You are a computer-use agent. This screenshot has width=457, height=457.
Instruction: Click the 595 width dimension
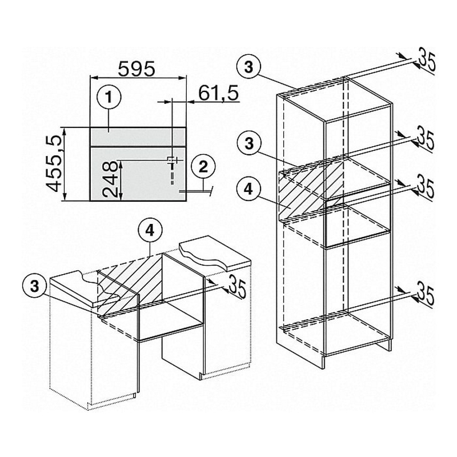click(x=137, y=69)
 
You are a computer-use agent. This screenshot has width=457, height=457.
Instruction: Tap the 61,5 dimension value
click(x=219, y=93)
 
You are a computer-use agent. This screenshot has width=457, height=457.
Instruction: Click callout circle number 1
click(x=109, y=97)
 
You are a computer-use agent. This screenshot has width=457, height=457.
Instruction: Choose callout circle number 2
click(x=203, y=167)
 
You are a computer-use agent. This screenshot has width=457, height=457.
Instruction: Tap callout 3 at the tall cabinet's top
click(x=248, y=67)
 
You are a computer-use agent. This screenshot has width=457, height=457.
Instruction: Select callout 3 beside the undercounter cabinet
click(x=34, y=286)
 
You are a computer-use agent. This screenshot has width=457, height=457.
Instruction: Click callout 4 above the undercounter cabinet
click(x=150, y=231)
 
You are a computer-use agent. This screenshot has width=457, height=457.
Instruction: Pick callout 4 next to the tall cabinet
click(x=248, y=190)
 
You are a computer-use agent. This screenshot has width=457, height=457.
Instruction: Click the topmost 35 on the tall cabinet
click(x=427, y=62)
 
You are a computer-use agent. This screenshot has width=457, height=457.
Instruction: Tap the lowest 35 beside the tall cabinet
click(x=426, y=296)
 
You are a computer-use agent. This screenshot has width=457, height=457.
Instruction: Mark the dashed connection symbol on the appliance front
click(x=173, y=170)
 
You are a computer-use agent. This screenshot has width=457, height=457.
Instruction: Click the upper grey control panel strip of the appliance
click(x=138, y=137)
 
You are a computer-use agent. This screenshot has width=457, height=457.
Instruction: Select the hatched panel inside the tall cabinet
click(x=304, y=190)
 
